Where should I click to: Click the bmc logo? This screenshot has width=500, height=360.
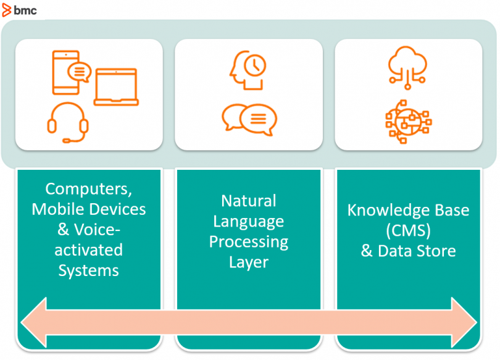click(19, 10)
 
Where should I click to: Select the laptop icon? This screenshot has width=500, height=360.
click(116, 86)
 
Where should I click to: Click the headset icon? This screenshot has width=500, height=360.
click(68, 122)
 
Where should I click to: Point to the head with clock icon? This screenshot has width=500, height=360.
click(248, 70)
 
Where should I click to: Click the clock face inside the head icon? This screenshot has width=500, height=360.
click(255, 65)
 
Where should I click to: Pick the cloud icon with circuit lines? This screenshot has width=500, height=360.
click(407, 67)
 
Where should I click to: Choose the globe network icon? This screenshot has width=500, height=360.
click(408, 122)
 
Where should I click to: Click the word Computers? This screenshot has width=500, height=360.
click(88, 189)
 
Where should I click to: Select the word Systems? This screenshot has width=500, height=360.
click(89, 271)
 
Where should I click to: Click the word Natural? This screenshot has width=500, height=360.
click(249, 201)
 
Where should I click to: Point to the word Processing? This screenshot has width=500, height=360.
click(249, 242)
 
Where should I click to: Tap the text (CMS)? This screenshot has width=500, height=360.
click(408, 230)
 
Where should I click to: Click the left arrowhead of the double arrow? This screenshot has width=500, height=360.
click(34, 322)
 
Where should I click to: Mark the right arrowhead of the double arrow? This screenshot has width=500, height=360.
click(464, 322)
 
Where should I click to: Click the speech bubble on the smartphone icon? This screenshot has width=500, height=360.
click(80, 72)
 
